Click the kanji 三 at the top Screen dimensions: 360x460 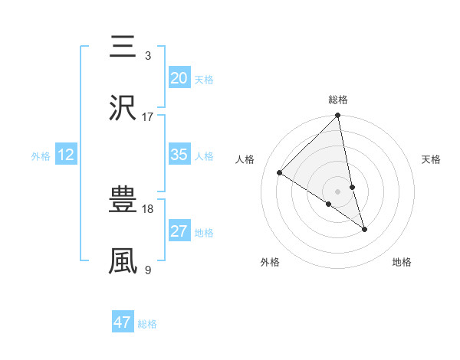pos(123,47)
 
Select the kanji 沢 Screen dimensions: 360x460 pos(123,108)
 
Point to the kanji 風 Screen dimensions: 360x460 pos(123,261)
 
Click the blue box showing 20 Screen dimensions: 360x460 pos(179,78)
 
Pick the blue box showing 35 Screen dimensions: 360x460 pos(179,155)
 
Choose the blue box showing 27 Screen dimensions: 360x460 pos(179,232)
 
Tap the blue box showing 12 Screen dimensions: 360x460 pos(65,155)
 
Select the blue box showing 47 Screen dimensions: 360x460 pos(122,322)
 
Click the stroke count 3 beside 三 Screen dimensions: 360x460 pos(148,56)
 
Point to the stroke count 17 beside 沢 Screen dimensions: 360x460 pos(148,116)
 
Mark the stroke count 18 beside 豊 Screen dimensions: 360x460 pos(148,209)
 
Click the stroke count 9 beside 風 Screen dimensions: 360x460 pos(148,270)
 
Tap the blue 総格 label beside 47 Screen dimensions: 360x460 pos(147,324)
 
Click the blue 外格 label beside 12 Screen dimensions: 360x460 pos(41,156)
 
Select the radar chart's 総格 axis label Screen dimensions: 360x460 pos(338,100)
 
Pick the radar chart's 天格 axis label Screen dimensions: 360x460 pos(432,159)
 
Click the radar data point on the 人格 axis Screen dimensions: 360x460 pos(280,172)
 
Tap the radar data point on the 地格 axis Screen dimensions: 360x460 pos(364,229)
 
